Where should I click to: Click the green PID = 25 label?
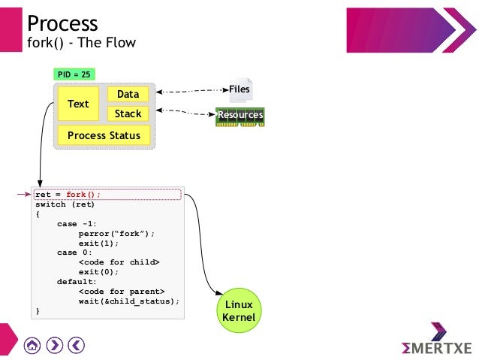coord(74,74)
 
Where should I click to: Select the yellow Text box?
coord(78,104)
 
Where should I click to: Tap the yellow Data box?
coord(128,94)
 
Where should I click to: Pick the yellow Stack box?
coord(128,113)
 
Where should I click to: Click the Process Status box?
coord(104,135)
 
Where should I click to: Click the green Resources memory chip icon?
coord(240,115)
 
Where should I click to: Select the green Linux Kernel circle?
coord(239,311)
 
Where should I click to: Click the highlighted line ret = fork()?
coord(68,194)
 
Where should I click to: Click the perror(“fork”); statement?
coord(116,233)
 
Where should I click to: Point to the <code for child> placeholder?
coord(119,262)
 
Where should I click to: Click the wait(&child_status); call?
coord(129,301)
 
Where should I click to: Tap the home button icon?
coord(32,345)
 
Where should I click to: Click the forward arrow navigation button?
coord(54,345)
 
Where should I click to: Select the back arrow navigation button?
coord(76,345)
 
